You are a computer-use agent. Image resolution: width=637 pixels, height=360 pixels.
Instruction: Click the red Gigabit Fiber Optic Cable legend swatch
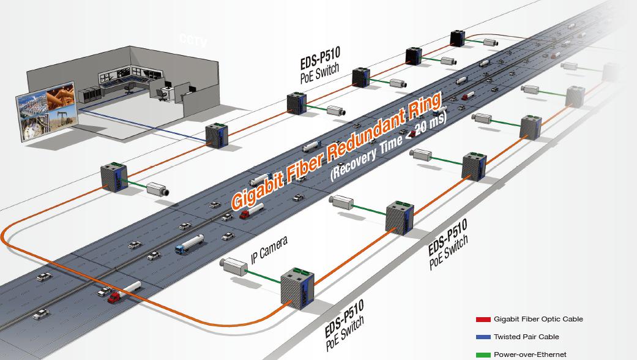pos(483,320)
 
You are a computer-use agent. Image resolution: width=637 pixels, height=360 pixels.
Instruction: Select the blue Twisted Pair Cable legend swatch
pos(483,337)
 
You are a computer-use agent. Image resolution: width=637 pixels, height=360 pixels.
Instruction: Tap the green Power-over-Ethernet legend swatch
pos(483,354)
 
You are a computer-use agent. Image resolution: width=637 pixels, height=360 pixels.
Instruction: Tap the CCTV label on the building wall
pos(193,41)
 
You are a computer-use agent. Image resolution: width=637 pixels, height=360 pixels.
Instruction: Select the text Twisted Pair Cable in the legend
pos(526,337)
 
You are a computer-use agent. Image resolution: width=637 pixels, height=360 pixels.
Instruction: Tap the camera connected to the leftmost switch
pos(158,189)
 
